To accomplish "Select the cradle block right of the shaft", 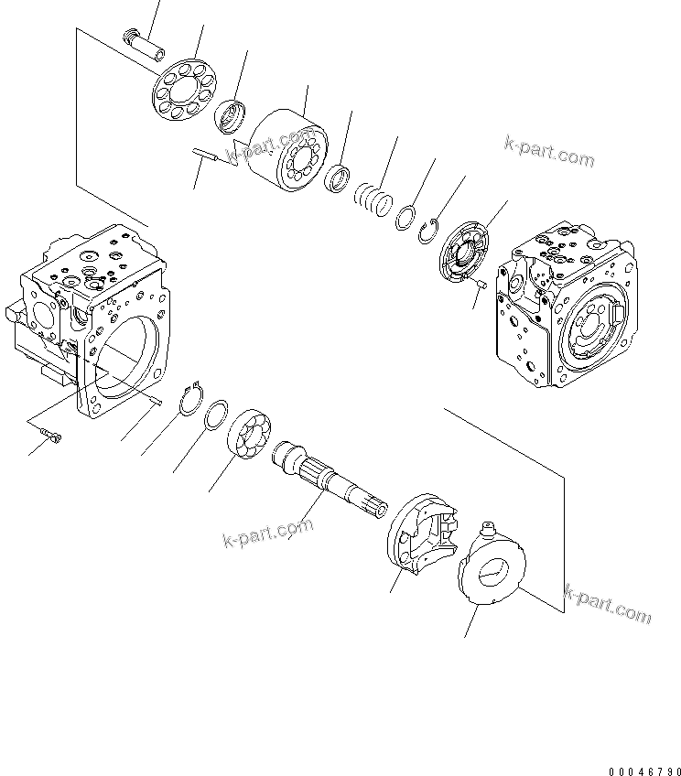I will coord(424,537).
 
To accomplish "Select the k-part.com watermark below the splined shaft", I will coord(267,535).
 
